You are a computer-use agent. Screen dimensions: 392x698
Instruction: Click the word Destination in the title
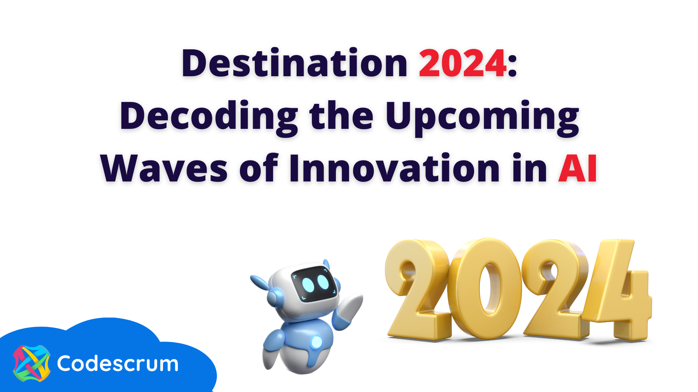pyautogui.click(x=294, y=64)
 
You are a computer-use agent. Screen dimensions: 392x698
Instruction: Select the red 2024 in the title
pyautogui.click(x=462, y=64)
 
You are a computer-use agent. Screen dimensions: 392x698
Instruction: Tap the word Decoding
pyautogui.click(x=209, y=116)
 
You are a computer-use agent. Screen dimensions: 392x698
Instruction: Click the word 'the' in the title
pyautogui.click(x=341, y=116)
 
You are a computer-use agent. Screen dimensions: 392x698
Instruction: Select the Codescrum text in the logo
pyautogui.click(x=118, y=364)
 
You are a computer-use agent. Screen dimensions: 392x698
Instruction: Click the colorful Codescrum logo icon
pyautogui.click(x=32, y=363)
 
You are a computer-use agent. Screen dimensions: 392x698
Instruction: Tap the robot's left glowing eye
pyautogui.click(x=308, y=285)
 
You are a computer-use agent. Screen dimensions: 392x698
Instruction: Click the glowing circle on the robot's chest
pyautogui.click(x=316, y=342)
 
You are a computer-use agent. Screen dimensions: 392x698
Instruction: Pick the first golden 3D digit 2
pyautogui.click(x=418, y=289)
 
